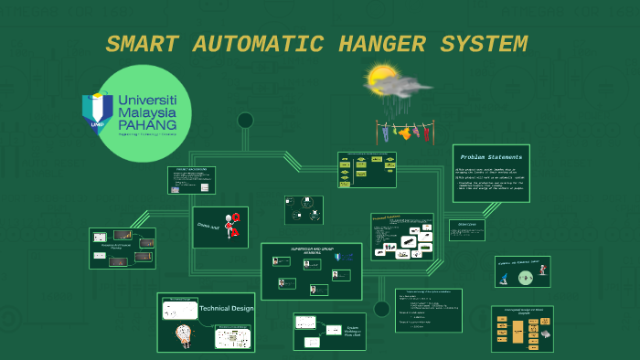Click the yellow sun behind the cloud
coord(379,79)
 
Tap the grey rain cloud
coord(402,88)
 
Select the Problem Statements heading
coord(491,156)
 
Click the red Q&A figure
coord(233,225)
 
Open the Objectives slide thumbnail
coord(466,230)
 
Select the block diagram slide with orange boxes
coord(522,329)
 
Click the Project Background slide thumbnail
coord(191,180)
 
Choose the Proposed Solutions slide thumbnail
coord(402,237)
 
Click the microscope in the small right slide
coord(541,270)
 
